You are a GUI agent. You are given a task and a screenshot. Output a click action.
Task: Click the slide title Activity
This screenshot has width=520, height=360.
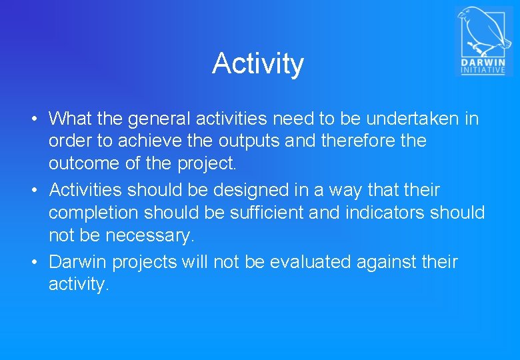(x=258, y=64)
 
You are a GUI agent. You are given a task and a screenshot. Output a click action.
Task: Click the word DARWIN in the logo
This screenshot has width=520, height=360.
(x=483, y=62)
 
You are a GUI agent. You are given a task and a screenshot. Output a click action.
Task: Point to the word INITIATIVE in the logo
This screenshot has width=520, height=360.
(x=483, y=70)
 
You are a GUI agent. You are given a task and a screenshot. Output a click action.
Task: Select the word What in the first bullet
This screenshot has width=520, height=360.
(x=71, y=119)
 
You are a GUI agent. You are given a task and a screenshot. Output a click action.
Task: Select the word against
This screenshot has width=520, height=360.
(x=383, y=262)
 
